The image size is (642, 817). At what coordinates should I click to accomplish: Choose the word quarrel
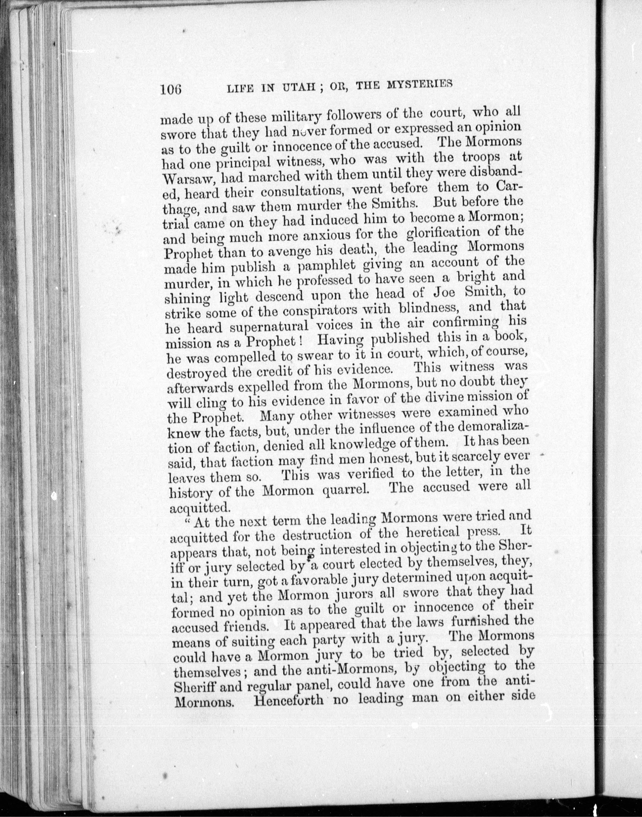click(344, 490)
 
